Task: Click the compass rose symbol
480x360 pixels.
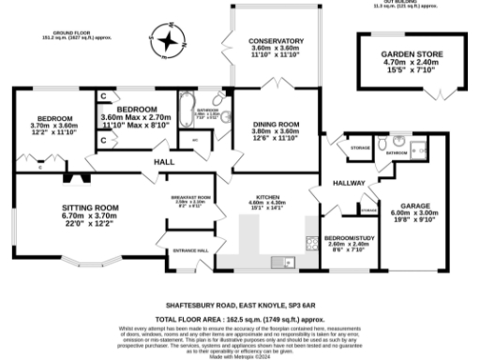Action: [167, 40]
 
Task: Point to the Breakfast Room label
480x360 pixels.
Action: [190, 199]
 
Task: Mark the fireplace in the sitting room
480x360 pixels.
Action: [71, 175]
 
